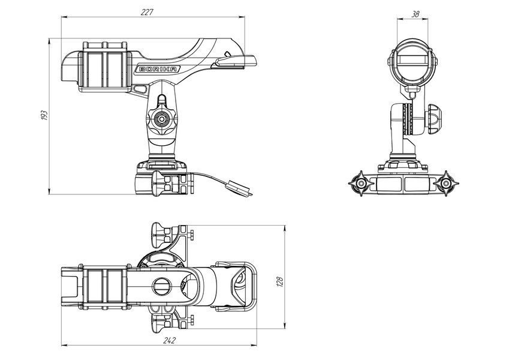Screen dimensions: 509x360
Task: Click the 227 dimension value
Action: (147, 13)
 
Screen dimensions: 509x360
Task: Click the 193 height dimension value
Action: (44, 115)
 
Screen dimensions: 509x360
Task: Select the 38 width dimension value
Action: (415, 14)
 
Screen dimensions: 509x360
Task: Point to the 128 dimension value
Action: (280, 281)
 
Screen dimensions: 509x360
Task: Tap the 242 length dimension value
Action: (169, 341)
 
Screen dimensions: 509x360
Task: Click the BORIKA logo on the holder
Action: (158, 69)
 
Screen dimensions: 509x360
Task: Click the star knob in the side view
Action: (161, 119)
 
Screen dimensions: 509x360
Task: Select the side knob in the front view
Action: (433, 119)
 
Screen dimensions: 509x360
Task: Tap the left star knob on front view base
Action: (361, 184)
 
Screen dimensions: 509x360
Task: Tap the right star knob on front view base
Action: (446, 184)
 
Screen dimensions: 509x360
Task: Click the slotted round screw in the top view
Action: (162, 286)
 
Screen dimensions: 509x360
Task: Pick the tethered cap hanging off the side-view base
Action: (240, 188)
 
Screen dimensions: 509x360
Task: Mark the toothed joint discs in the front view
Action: (408, 119)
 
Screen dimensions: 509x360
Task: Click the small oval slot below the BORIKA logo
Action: (140, 88)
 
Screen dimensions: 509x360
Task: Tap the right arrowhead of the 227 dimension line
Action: (242, 17)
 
